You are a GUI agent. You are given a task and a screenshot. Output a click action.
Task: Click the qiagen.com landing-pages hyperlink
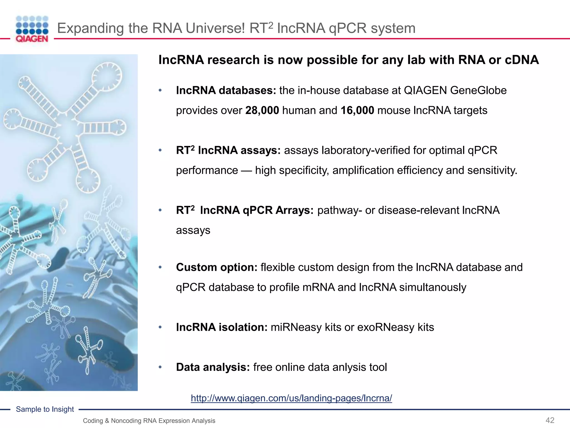click(291, 398)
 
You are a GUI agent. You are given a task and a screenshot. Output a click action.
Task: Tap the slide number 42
click(550, 420)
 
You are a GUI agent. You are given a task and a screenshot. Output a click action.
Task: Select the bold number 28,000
click(262, 111)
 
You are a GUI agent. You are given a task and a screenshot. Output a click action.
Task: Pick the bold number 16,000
click(357, 111)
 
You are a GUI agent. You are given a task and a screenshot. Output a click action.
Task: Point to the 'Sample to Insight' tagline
click(45, 409)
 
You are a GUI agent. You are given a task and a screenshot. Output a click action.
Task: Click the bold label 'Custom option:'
click(217, 267)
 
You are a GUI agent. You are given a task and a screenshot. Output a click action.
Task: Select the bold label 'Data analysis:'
click(213, 367)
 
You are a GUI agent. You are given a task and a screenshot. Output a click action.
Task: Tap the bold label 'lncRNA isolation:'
click(222, 327)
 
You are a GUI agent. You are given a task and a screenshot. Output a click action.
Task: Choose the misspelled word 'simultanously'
click(433, 288)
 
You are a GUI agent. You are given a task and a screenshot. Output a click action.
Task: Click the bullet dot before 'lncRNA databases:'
click(160, 91)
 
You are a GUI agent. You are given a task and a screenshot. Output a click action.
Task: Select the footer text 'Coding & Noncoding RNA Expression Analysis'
click(149, 421)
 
